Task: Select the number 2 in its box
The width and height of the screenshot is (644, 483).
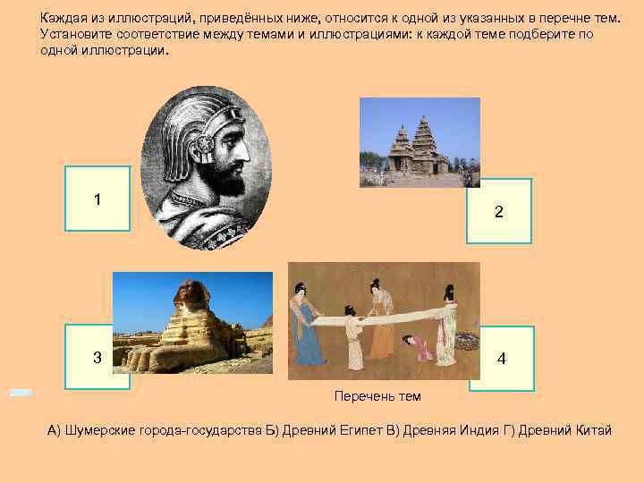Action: (x=498, y=212)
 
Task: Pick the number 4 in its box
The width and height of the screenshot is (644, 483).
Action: (x=501, y=359)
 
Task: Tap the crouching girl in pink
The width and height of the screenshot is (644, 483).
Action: (x=418, y=348)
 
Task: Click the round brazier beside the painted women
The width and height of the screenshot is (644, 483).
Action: (x=468, y=341)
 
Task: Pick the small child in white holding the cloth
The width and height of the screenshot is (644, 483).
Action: (x=354, y=341)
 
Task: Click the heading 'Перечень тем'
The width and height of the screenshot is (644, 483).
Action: (x=377, y=396)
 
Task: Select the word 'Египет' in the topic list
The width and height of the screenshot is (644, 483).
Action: (x=353, y=430)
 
